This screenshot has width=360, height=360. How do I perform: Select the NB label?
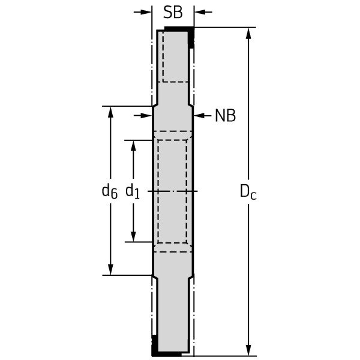click(x=226, y=115)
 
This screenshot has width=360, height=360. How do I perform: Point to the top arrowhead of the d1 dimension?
click(x=133, y=146)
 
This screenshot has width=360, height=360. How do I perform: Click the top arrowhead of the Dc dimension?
click(x=248, y=34)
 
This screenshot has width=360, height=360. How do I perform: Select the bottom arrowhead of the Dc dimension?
click(x=248, y=350)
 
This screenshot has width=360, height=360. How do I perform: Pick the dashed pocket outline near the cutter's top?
click(x=176, y=57)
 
